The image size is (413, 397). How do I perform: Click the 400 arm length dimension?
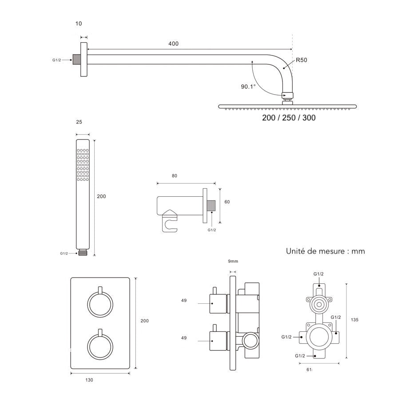173,44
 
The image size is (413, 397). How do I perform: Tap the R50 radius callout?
302,60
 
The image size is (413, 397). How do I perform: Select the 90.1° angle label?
248,87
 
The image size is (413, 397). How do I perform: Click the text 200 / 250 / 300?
289,118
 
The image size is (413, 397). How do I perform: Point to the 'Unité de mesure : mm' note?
326,251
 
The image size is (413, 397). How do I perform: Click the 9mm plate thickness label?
233,262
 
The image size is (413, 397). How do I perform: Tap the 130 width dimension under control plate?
89,380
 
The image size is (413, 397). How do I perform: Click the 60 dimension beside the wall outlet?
227,202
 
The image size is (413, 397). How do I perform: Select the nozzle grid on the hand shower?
83,165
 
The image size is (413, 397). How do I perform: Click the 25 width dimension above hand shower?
79,122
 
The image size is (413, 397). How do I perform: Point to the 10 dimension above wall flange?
79,24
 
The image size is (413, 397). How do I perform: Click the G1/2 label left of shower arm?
56,60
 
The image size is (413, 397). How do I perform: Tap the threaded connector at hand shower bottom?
83,253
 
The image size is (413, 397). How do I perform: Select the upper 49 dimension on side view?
184,301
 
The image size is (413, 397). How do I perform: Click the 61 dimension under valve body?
309,369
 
